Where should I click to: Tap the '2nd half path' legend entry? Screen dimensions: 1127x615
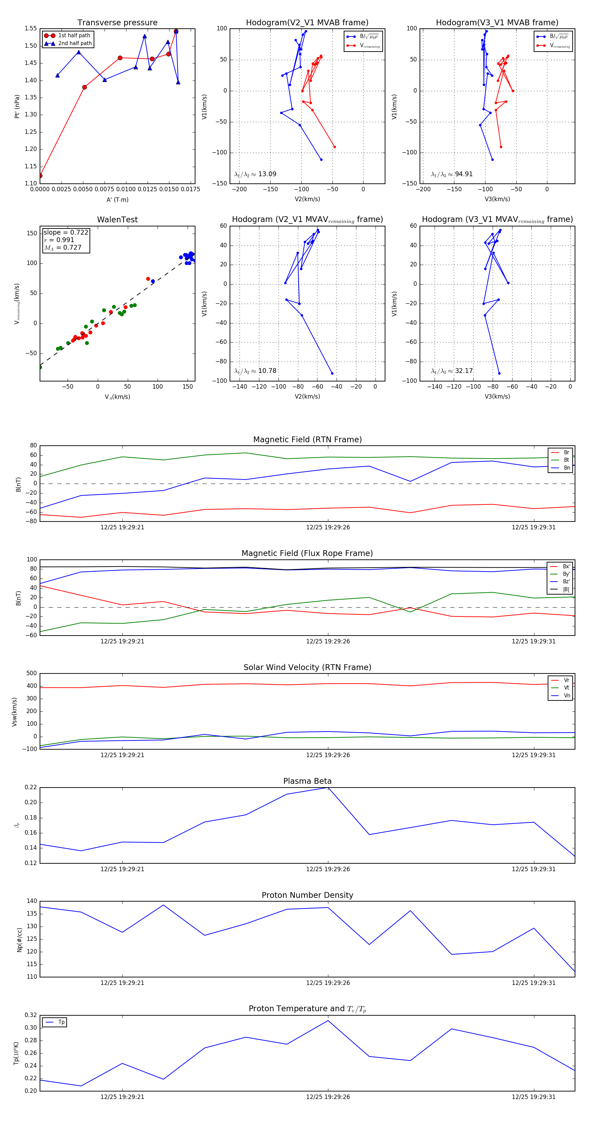75,43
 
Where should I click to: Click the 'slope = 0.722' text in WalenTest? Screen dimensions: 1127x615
66,232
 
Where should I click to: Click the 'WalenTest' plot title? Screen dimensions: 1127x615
117,220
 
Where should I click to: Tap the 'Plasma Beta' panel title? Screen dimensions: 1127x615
307,781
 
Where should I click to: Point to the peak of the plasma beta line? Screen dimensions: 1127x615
328,788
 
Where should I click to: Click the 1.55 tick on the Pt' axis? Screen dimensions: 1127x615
31,28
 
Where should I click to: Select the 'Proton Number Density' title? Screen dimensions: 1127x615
307,895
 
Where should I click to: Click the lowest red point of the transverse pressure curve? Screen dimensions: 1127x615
40,176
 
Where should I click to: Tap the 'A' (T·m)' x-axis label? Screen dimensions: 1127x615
117,199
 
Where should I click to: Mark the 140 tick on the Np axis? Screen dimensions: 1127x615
32,901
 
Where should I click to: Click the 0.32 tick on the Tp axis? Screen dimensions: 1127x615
31,1015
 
